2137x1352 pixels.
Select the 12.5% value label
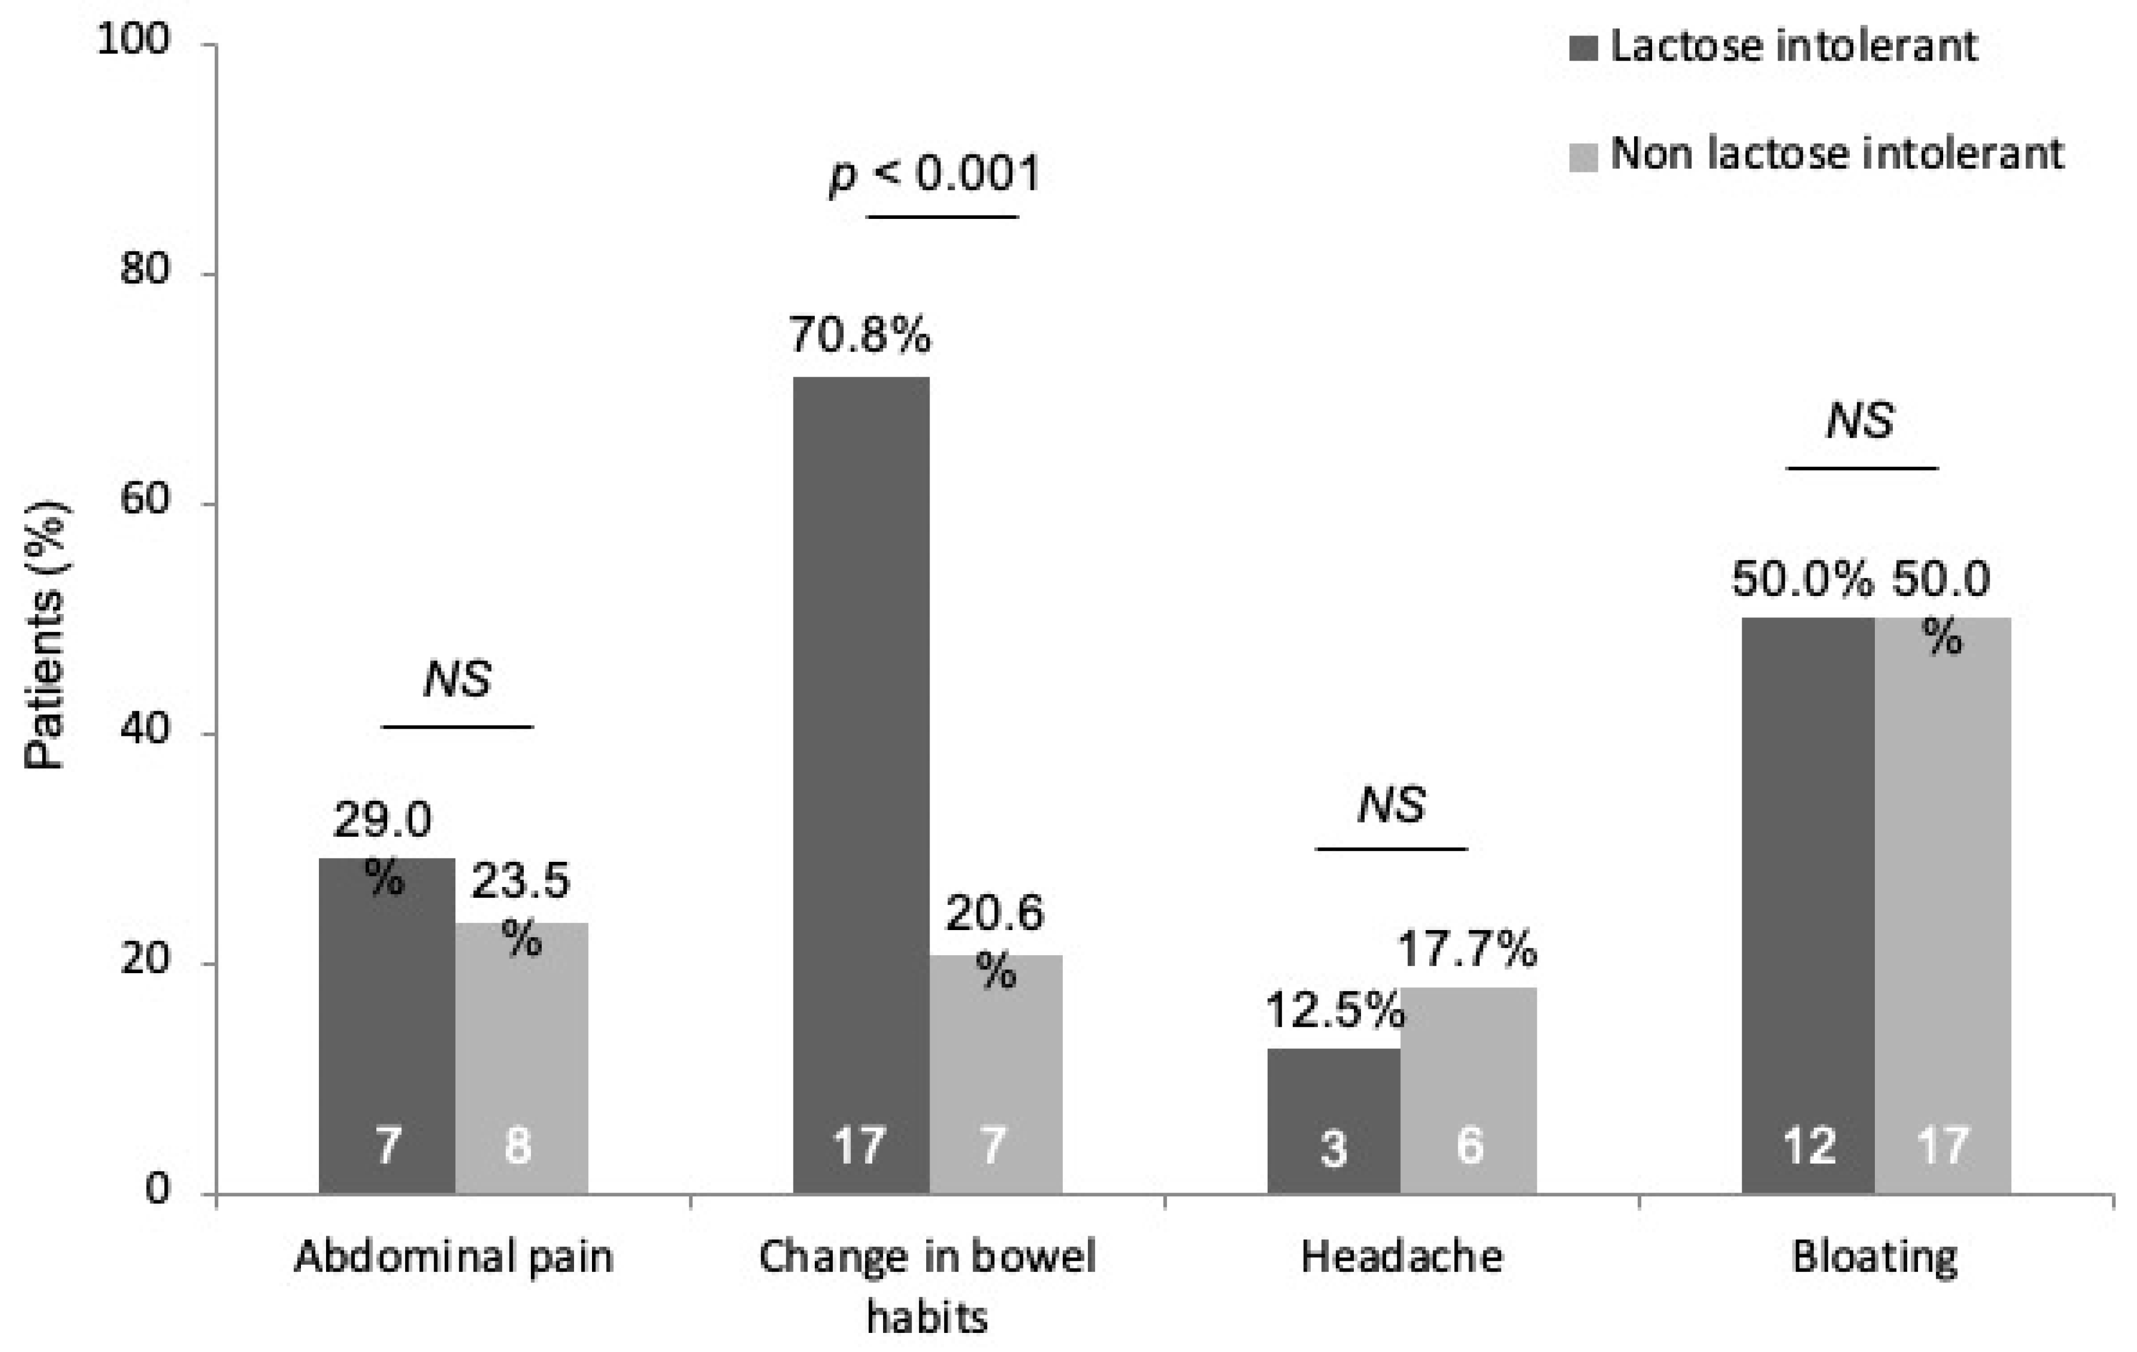[x=1334, y=1010]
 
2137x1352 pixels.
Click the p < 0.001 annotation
[x=934, y=173]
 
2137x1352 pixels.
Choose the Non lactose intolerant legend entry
[x=1835, y=153]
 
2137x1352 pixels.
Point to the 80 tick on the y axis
[x=145, y=269]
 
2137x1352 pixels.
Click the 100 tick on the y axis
[x=133, y=39]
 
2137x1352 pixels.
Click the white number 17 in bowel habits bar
[x=859, y=1145]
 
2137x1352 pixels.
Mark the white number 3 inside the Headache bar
[x=1333, y=1148]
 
